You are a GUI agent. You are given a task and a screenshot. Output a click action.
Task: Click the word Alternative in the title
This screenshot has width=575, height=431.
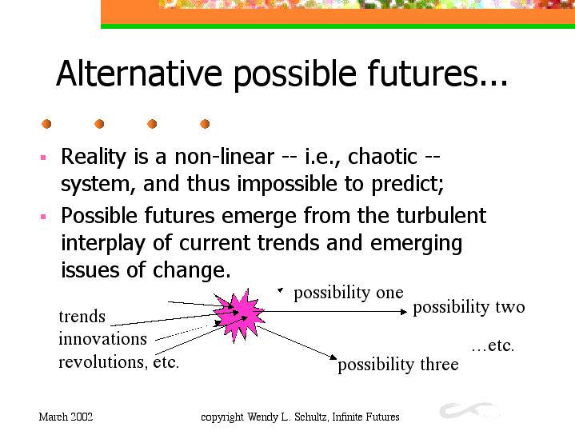[139, 73]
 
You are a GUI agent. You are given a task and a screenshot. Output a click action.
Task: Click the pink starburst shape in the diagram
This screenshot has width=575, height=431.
[239, 315]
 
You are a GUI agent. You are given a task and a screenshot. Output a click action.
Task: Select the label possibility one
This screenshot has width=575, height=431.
[349, 293]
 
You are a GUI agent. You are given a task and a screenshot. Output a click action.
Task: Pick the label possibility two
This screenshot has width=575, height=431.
[469, 307]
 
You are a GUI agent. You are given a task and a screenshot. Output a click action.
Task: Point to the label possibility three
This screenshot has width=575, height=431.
[398, 365]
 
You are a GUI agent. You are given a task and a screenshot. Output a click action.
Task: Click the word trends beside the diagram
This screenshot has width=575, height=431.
[82, 317]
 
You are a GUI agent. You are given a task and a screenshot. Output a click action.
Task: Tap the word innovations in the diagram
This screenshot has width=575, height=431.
[102, 338]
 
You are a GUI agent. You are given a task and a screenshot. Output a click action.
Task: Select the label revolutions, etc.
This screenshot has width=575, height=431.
[119, 362]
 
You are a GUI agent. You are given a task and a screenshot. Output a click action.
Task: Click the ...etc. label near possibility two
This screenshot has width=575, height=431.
[493, 346]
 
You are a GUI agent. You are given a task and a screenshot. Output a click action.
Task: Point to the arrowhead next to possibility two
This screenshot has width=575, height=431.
[404, 312]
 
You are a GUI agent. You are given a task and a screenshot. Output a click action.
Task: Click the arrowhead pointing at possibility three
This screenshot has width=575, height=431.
[333, 357]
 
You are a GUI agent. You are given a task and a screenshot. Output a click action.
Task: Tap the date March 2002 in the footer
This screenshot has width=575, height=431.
[66, 417]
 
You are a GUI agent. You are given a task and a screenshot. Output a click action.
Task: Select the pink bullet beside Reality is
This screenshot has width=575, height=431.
[43, 158]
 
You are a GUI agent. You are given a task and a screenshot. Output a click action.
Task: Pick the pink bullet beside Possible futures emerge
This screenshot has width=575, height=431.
[43, 217]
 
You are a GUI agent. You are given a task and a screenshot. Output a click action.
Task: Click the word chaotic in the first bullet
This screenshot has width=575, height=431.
[382, 157]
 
